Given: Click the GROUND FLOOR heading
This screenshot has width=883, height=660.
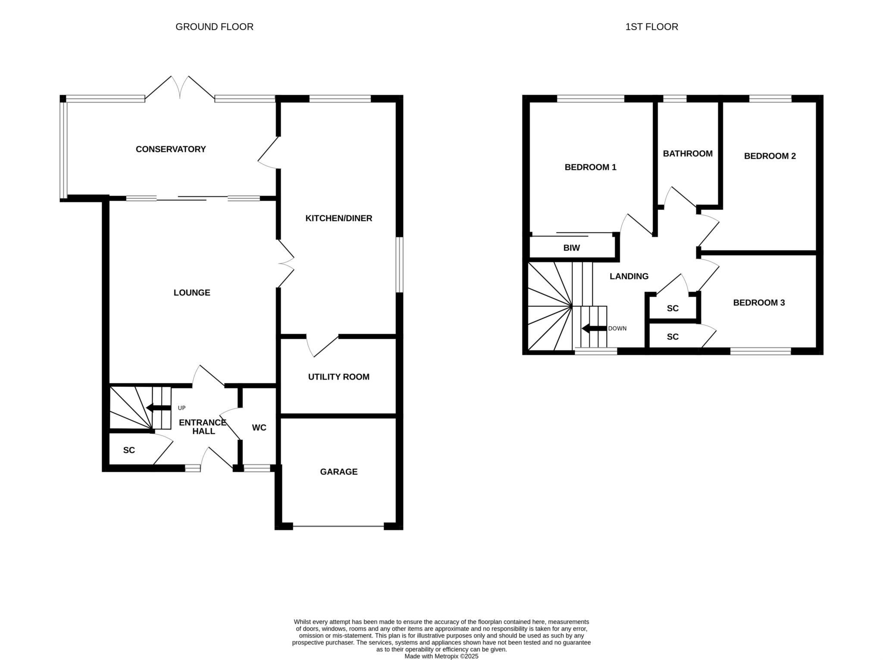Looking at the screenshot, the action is click(214, 27).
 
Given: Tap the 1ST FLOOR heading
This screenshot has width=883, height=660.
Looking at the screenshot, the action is click(651, 27).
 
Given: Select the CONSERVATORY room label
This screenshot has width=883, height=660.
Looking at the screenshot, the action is click(171, 149).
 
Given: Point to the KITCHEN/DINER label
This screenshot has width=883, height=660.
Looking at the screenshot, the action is click(338, 218).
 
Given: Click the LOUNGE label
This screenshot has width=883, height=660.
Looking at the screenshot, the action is click(192, 293).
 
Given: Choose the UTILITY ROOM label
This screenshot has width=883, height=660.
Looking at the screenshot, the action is click(338, 377).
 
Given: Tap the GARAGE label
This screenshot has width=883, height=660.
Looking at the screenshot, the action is click(338, 472).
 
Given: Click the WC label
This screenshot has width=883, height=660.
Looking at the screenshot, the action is click(259, 427).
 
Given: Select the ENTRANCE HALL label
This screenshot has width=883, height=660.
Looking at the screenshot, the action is click(203, 427).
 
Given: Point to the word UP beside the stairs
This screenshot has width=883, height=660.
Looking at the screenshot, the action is click(182, 408).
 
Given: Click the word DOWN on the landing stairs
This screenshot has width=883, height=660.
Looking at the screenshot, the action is click(617, 328).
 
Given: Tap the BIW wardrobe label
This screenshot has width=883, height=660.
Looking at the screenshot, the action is click(572, 248).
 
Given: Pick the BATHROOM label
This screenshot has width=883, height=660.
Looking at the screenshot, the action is click(688, 153).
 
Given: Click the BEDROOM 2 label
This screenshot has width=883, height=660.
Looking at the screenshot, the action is click(770, 156).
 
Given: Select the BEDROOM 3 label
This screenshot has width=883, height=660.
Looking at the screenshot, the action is click(759, 302).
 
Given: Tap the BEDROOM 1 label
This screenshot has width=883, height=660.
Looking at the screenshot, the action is click(590, 167).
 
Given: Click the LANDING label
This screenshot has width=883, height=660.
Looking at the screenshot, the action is click(629, 276).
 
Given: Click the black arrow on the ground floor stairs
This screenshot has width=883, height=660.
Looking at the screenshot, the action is click(159, 408).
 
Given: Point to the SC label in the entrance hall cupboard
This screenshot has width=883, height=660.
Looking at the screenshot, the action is click(129, 450).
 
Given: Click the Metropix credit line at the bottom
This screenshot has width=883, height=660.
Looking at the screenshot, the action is click(441, 657).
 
